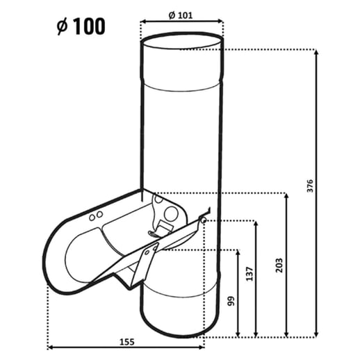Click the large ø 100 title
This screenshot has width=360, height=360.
point(81,26)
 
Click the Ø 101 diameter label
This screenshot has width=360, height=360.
point(181,15)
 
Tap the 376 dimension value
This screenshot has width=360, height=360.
point(310,186)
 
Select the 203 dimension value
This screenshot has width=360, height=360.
point(279,265)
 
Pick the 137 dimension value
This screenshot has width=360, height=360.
point(249,274)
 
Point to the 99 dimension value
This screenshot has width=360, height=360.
point(231,301)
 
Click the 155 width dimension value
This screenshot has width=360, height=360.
point(126,342)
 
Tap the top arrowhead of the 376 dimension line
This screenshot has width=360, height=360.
point(316,52)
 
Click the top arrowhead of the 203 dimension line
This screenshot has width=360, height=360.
point(286,196)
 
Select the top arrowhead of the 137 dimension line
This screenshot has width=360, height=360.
point(256,224)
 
